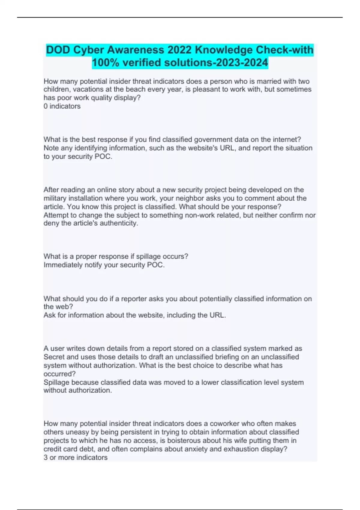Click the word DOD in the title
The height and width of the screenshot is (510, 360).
pos(58,50)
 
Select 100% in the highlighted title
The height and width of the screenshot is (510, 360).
pos(105,63)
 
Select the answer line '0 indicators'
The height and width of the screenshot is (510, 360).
pos(62,106)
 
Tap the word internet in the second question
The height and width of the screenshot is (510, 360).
pos(286,139)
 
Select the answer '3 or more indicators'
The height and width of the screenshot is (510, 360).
pos(75,457)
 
